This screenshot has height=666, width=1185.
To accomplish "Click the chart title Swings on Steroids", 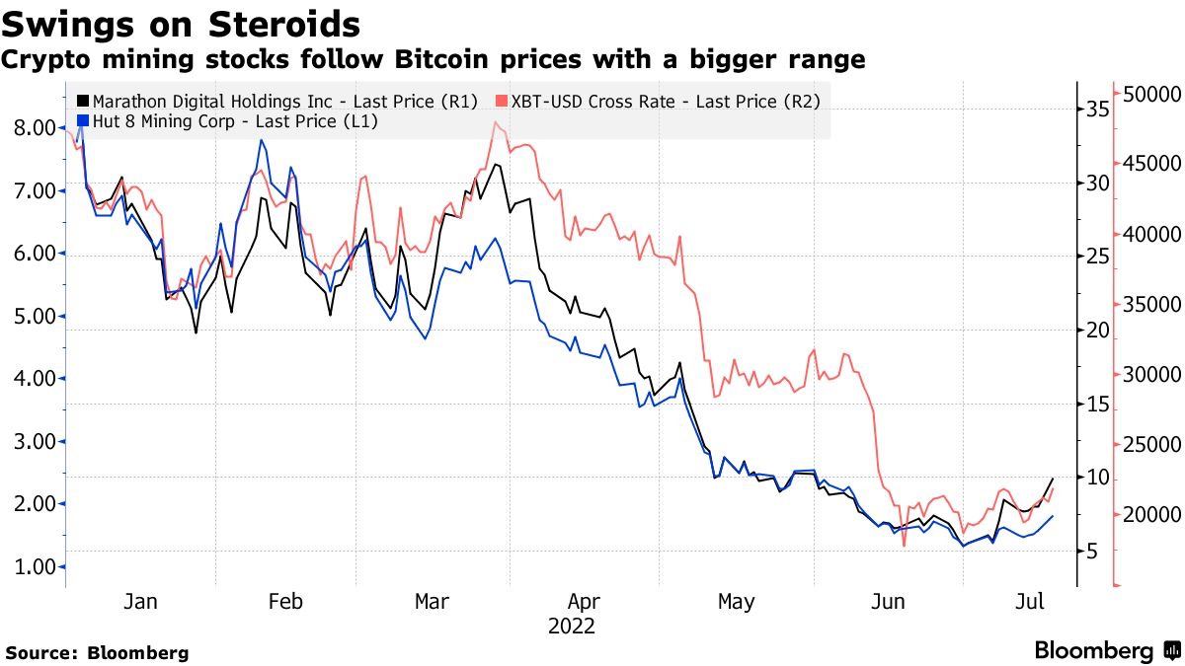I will point(181,22).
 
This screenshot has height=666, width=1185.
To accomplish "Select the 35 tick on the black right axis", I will point(1098,109).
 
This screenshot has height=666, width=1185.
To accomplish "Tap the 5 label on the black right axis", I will point(1092,552).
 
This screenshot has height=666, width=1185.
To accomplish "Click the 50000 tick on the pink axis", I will point(1147,95).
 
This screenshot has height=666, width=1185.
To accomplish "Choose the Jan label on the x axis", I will point(141,602).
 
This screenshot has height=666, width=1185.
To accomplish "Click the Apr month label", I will point(584,602).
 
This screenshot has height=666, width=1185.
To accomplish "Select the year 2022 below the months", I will point(572,627).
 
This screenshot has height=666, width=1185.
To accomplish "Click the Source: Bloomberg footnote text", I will point(97,652).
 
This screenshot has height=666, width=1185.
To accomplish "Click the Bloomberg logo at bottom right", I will point(1107,651).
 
